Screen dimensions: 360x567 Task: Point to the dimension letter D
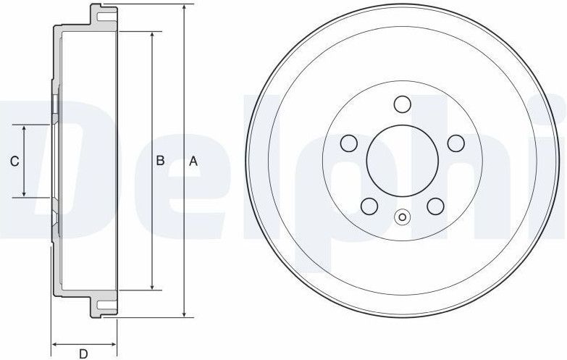[83, 353]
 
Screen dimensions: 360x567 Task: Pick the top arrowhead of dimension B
[151, 35]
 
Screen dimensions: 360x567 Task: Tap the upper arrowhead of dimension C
[25, 128]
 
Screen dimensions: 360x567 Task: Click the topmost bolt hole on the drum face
[402, 105]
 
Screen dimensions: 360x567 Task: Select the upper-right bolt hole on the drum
[455, 143]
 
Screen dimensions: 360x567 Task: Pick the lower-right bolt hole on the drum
[434, 206]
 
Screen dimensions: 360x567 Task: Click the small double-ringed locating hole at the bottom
[402, 216]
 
